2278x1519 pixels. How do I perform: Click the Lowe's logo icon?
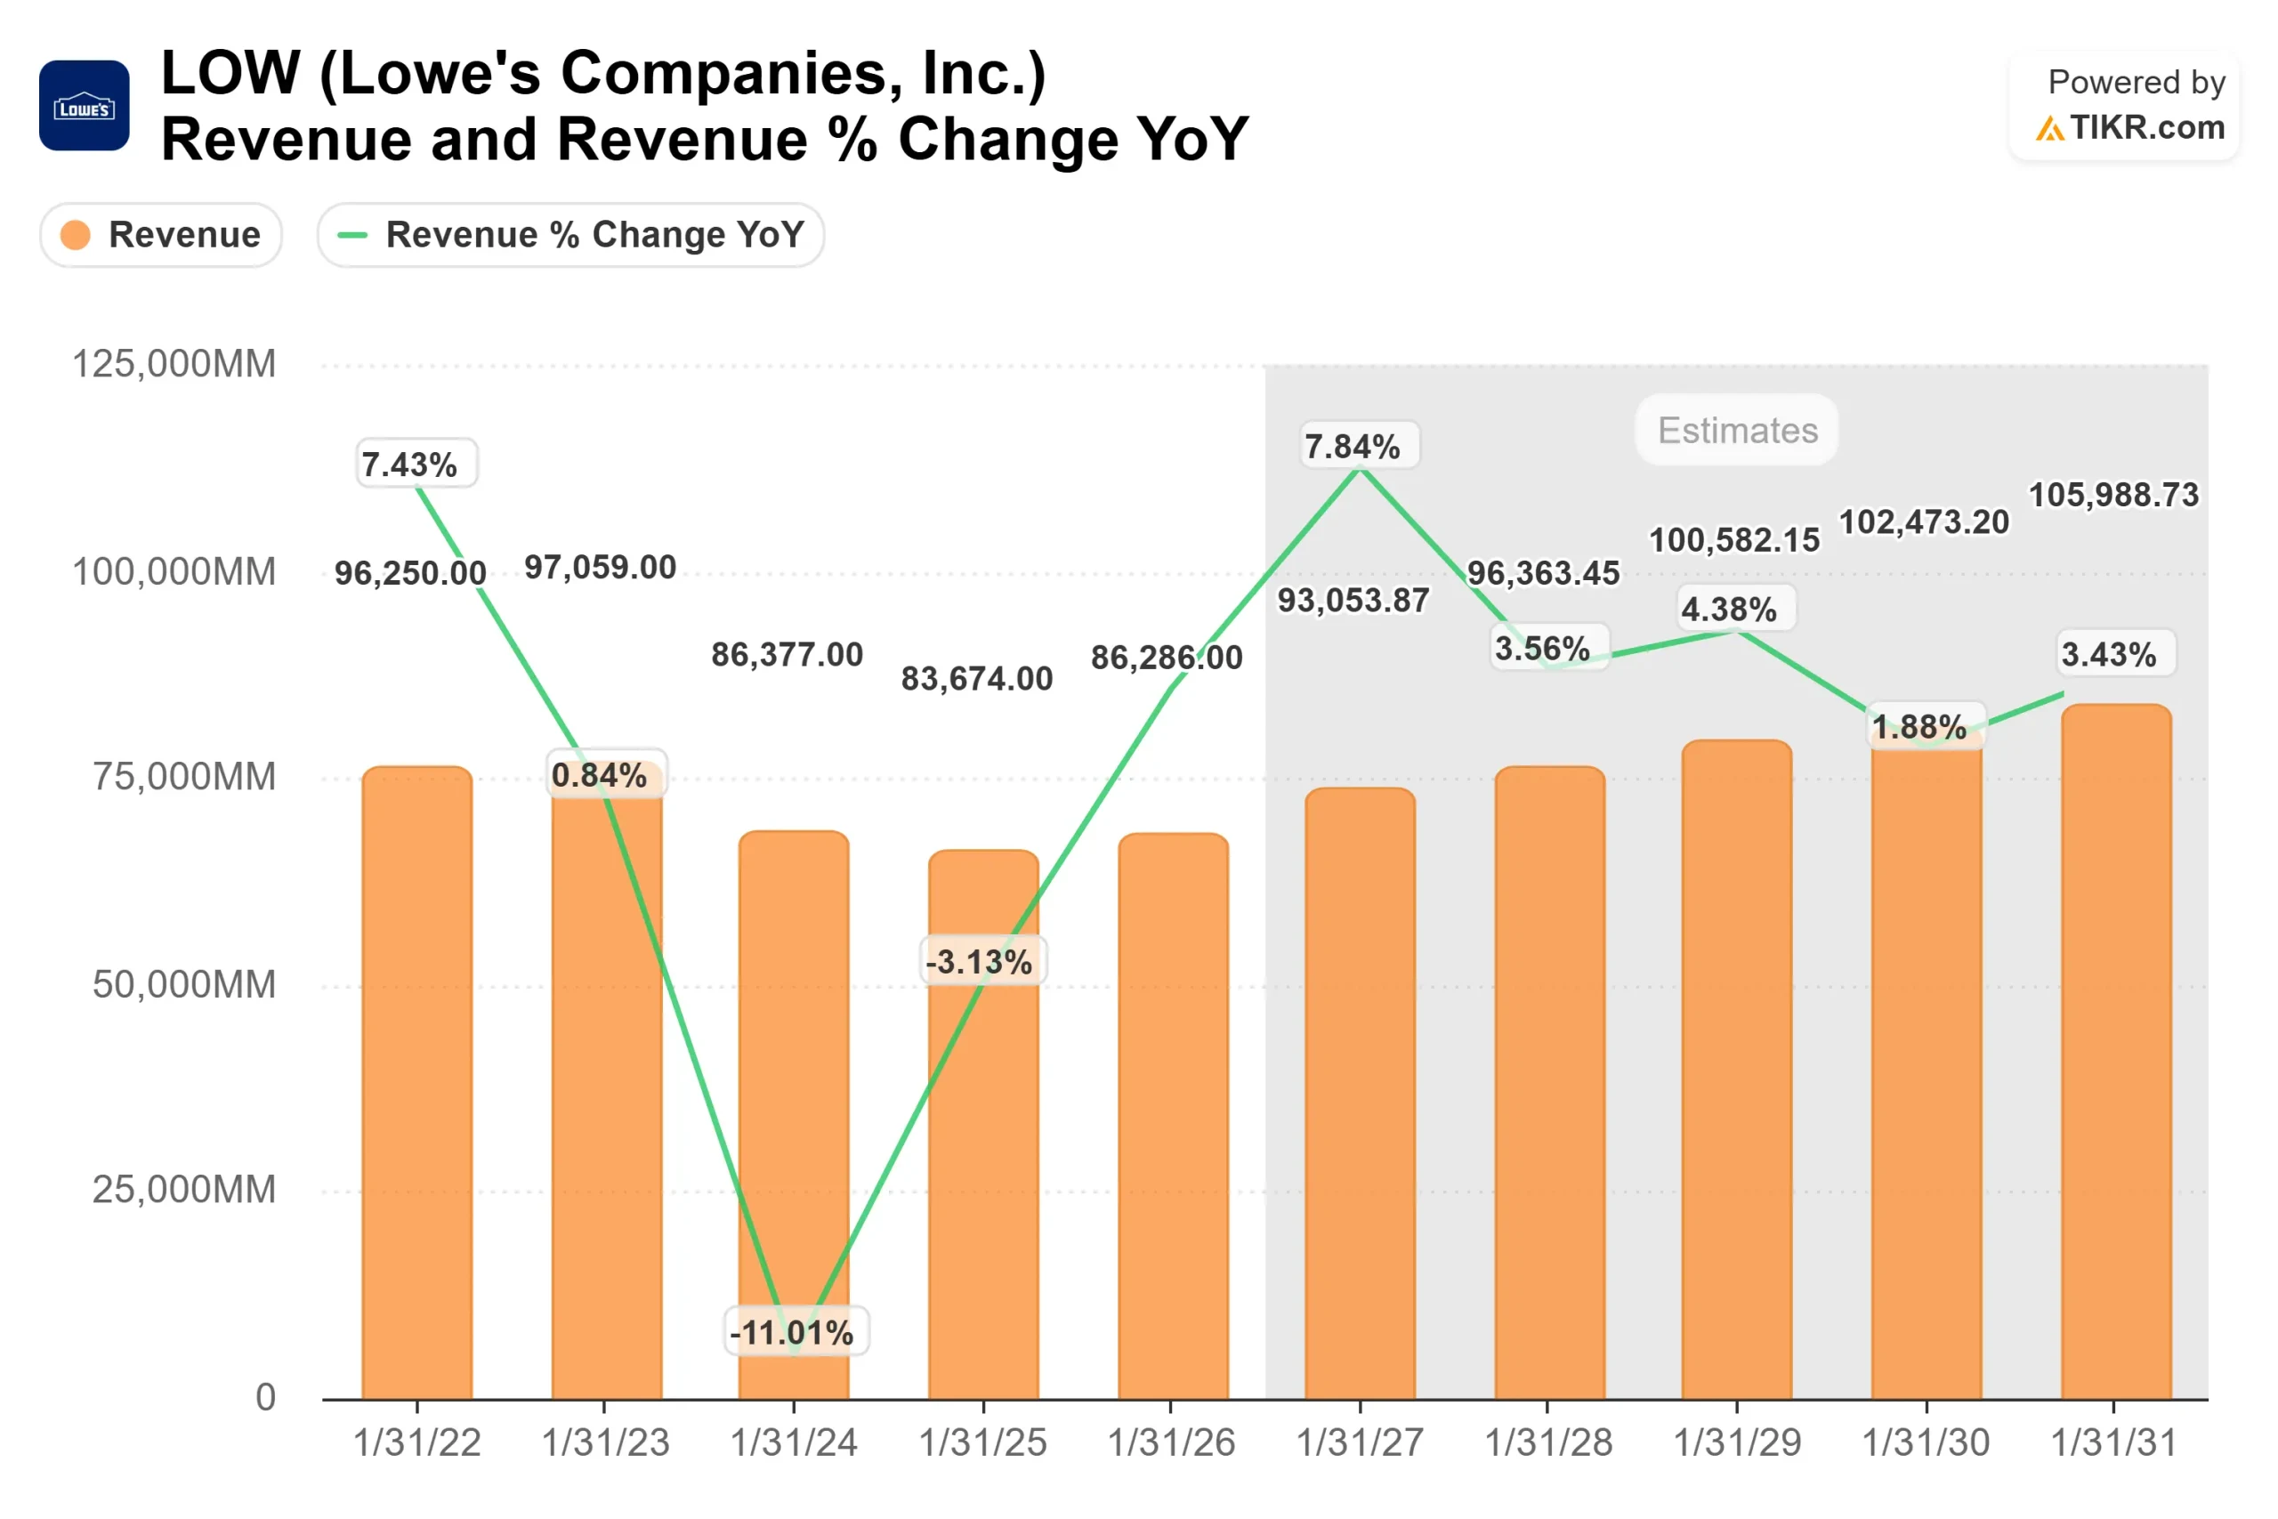tap(85, 106)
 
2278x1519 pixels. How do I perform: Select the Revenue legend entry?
tap(161, 234)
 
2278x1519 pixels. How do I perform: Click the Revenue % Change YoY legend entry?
tap(570, 234)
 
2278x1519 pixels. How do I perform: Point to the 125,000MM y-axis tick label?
tap(174, 364)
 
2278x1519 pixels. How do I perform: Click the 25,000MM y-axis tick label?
tap(184, 1190)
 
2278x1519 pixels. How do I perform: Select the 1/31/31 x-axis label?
tap(2113, 1442)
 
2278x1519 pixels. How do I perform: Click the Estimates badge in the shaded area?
tap(1737, 430)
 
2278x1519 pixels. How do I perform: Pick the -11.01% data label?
tap(792, 1332)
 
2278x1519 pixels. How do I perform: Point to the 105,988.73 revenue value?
tap(2113, 495)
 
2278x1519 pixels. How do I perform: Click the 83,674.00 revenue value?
tap(976, 679)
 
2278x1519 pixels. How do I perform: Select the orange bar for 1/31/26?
tap(1173, 1114)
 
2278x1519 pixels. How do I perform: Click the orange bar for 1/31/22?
tap(417, 1085)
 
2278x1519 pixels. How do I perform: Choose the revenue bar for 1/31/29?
tap(1737, 1066)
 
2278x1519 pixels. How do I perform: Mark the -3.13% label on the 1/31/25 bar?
tap(979, 962)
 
